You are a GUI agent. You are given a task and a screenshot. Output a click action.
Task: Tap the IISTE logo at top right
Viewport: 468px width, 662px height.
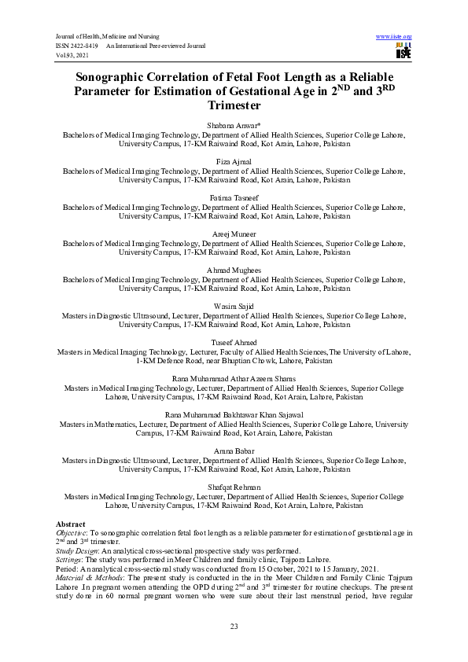(x=404, y=51)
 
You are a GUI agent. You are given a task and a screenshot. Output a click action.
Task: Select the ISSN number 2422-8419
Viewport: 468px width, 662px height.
(x=86, y=46)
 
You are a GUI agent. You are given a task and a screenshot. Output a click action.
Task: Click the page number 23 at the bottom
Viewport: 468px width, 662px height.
(x=234, y=626)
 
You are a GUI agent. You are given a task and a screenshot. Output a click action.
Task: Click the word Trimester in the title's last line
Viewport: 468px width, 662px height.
(x=234, y=105)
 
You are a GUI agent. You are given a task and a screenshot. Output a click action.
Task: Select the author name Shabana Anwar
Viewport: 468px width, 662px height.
(x=234, y=126)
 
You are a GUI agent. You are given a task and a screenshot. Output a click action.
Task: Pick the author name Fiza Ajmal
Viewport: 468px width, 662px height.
(x=234, y=162)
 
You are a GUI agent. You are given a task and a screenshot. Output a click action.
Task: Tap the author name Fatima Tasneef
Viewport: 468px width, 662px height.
(x=234, y=197)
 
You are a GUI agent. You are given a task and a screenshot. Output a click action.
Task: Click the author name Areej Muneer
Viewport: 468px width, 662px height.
(x=234, y=234)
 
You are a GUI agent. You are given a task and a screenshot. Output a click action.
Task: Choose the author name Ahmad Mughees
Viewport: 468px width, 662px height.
(x=234, y=270)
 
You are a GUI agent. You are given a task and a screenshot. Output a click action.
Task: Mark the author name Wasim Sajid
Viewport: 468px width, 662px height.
(x=234, y=306)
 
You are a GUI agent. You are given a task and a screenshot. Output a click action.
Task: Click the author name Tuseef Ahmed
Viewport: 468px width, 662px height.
(x=234, y=342)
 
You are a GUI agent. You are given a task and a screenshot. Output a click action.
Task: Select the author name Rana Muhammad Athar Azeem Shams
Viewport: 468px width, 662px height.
(x=234, y=378)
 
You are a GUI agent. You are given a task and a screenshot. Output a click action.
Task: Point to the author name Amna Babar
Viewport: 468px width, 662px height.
(x=234, y=451)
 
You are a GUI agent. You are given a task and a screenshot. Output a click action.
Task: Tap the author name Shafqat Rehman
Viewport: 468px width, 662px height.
(x=234, y=487)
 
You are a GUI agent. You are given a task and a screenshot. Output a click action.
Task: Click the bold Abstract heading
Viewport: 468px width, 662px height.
(x=71, y=524)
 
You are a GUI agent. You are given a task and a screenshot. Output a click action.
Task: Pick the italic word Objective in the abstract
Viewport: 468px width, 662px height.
(x=72, y=533)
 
